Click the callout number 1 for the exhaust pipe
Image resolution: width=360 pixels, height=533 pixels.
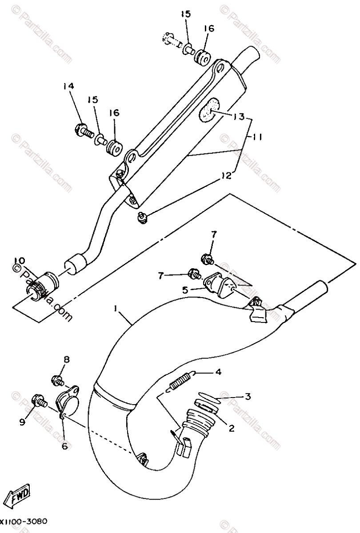click(116, 307)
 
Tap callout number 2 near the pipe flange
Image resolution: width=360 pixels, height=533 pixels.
click(232, 429)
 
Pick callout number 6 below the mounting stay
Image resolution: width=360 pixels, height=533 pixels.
click(65, 446)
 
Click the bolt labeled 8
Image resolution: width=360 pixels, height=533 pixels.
click(57, 381)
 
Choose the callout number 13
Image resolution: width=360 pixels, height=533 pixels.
click(238, 116)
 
